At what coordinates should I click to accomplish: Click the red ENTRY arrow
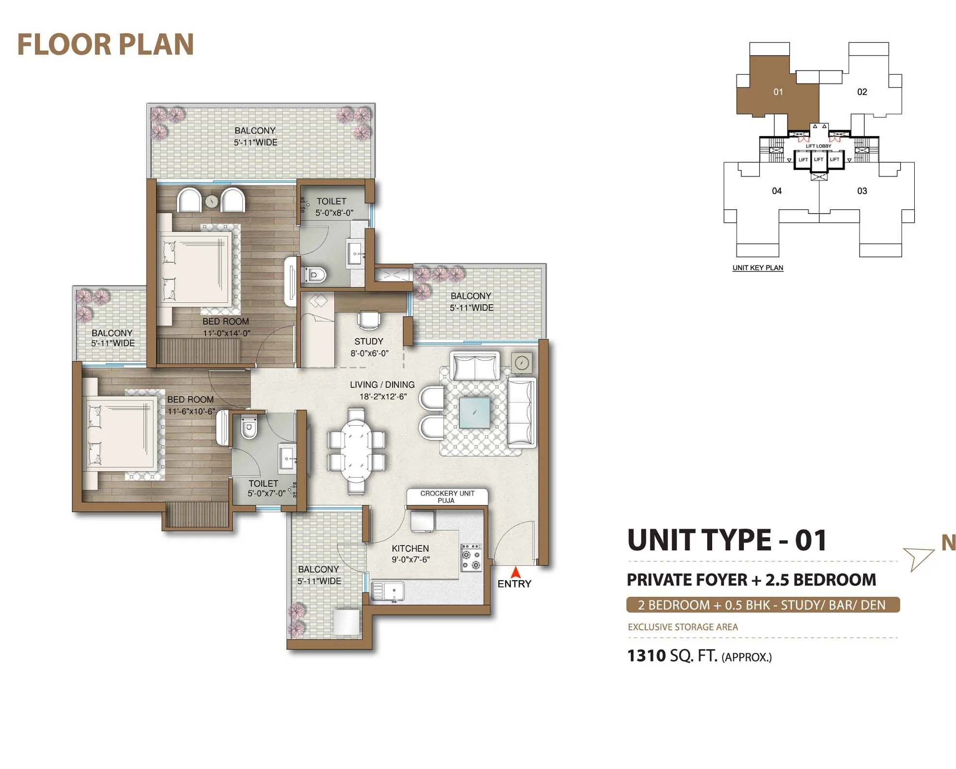pyautogui.click(x=515, y=572)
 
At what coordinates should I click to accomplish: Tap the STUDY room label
pyautogui.click(x=369, y=341)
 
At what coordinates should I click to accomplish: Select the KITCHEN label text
pyautogui.click(x=410, y=548)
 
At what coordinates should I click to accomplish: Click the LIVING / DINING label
pyautogui.click(x=382, y=384)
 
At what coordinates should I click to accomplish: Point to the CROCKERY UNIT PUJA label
pyautogui.click(x=447, y=497)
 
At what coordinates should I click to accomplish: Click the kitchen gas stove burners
pyautogui.click(x=471, y=557)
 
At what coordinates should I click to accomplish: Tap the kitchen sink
pyautogui.click(x=387, y=591)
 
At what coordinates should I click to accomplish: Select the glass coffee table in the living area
pyautogui.click(x=474, y=412)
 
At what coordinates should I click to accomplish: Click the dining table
pyautogui.click(x=356, y=451)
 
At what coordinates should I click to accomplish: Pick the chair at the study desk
pyautogui.click(x=369, y=320)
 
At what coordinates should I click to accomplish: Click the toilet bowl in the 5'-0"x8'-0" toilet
pyautogui.click(x=315, y=275)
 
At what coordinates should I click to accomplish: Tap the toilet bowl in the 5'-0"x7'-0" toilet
pyautogui.click(x=249, y=427)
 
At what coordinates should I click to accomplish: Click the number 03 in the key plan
pyautogui.click(x=862, y=191)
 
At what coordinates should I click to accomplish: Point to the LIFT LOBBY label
pyautogui.click(x=819, y=146)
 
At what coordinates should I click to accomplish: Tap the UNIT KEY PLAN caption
pyautogui.click(x=758, y=267)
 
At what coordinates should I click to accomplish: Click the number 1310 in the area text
pyautogui.click(x=646, y=656)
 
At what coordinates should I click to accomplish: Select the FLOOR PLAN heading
pyautogui.click(x=105, y=44)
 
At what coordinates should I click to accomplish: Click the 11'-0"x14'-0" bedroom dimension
pyautogui.click(x=226, y=333)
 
